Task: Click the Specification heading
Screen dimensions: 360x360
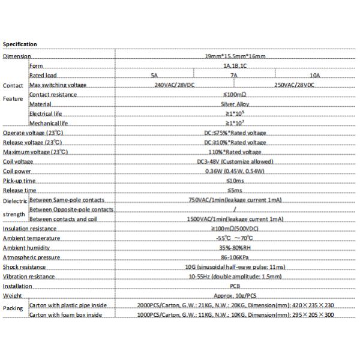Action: click(x=20, y=44)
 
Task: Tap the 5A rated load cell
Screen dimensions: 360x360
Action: click(x=154, y=76)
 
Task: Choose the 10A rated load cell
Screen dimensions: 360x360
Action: click(x=315, y=76)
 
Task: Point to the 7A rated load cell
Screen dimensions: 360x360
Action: click(x=235, y=76)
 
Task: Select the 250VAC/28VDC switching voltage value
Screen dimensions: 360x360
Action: click(x=293, y=85)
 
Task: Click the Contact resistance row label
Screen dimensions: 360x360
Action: click(x=53, y=95)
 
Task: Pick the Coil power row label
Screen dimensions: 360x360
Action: click(x=17, y=171)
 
